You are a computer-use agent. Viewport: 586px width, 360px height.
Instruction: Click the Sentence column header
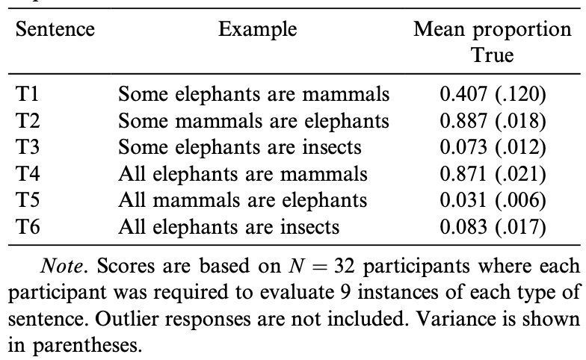tap(55, 31)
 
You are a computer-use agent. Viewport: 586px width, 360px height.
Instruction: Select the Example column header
tap(258, 31)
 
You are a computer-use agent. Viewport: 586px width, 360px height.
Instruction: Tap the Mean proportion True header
tap(492, 43)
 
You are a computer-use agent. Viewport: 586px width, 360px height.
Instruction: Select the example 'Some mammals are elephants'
tap(254, 120)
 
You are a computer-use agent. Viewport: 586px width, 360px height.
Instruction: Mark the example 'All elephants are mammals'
tap(243, 173)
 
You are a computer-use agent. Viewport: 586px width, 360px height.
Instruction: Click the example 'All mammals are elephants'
tap(243, 200)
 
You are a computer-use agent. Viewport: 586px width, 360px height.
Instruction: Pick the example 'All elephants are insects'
tap(229, 226)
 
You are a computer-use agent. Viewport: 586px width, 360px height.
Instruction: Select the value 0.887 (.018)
tap(493, 120)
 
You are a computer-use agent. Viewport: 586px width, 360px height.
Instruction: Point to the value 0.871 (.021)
tap(493, 173)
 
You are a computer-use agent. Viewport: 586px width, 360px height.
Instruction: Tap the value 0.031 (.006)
tap(493, 200)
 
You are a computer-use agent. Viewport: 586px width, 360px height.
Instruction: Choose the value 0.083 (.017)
tap(493, 226)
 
